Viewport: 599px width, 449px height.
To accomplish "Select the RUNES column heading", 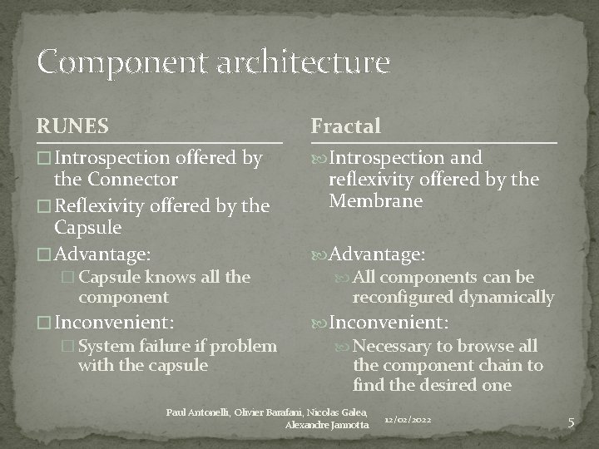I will coord(72,126).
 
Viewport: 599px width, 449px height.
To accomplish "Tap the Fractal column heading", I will coord(345,126).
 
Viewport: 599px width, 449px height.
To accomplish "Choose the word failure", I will coord(163,346).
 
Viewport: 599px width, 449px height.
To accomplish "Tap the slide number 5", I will coord(571,422).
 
